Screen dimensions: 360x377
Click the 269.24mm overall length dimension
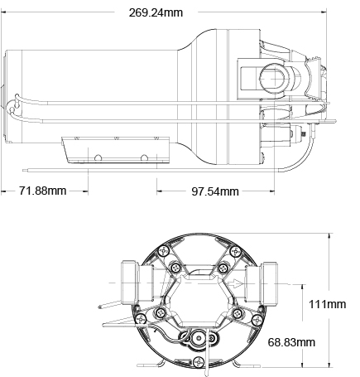pos(156,12)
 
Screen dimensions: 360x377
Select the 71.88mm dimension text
pos(43,191)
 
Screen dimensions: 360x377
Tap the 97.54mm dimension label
pos(215,191)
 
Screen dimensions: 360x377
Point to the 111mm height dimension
pos(327,304)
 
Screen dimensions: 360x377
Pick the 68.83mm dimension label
pos(291,342)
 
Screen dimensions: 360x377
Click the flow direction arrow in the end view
pos(235,283)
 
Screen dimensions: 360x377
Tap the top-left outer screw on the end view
pos(164,251)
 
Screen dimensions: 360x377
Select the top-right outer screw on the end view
pos(236,251)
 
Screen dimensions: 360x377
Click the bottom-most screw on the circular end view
pos(199,362)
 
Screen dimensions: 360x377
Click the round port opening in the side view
pos(274,79)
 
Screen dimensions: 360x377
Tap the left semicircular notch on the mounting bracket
pos(98,158)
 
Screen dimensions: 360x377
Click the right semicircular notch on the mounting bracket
pos(144,158)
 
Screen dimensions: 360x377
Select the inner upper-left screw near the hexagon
pos(175,268)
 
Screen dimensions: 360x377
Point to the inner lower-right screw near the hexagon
pos(238,313)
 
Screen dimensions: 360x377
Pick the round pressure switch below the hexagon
pos(199,337)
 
